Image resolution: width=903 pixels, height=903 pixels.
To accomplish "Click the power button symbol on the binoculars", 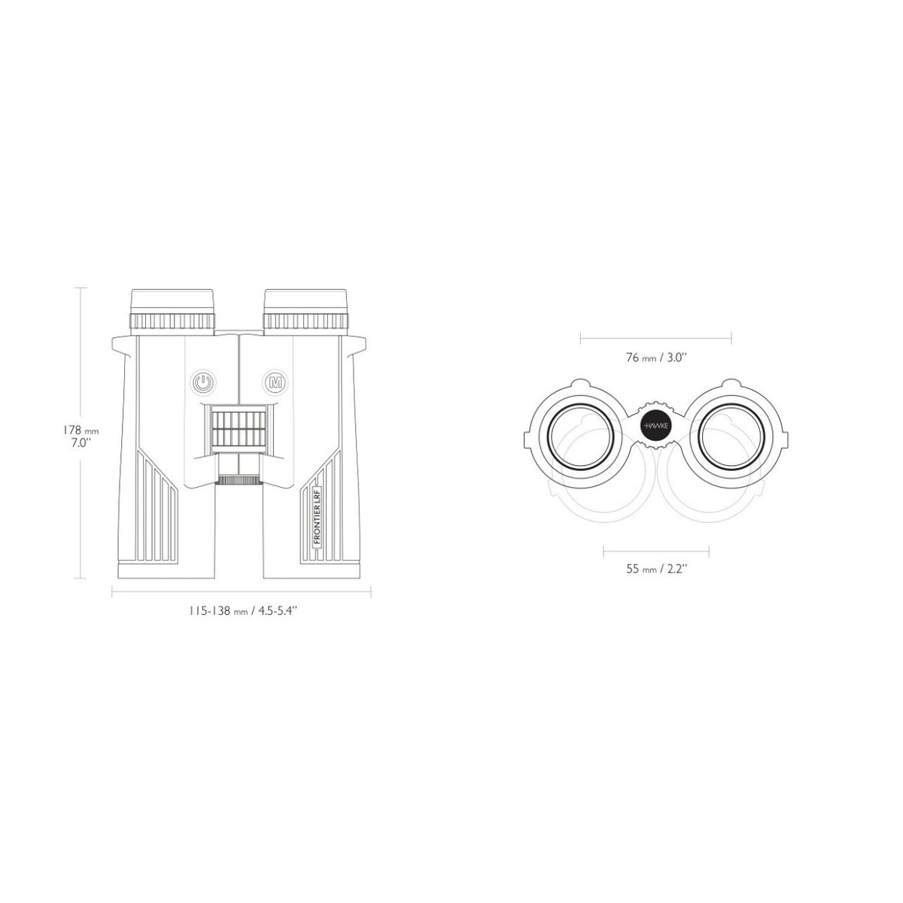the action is coord(202,382).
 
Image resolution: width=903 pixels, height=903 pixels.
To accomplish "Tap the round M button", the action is coord(276,382).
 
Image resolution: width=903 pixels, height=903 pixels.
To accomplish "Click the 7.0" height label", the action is coord(80,443).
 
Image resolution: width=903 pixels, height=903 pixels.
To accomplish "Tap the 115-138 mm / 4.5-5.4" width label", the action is coord(243,610).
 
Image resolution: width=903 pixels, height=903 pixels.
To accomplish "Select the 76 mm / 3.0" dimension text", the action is coord(656,357).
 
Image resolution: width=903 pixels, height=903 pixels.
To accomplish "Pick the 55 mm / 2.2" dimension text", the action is coord(656,569).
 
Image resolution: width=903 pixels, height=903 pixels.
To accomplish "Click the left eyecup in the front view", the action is coord(172,311).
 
